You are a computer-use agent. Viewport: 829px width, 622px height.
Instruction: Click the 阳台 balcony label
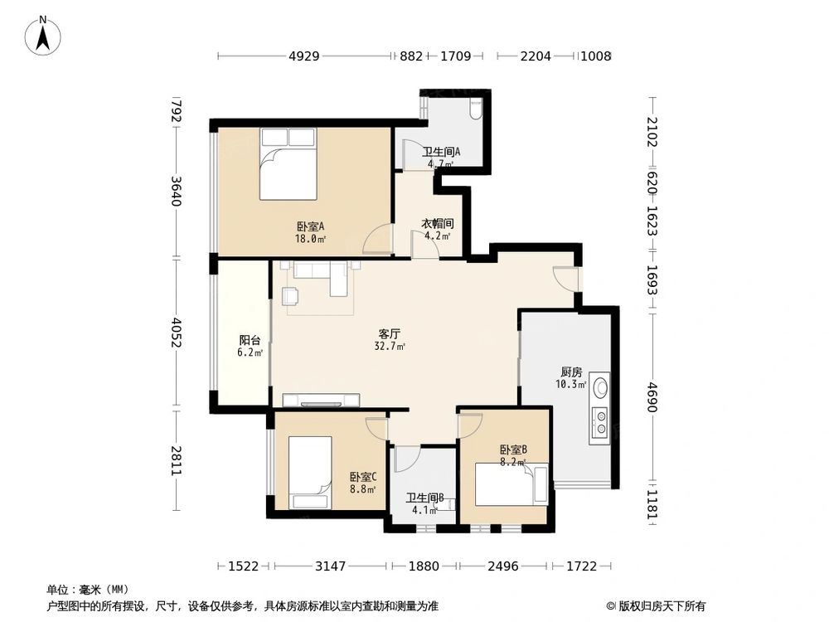250,340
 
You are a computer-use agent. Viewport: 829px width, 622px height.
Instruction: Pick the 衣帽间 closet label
438,223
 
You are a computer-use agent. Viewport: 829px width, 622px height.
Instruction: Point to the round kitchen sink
599,386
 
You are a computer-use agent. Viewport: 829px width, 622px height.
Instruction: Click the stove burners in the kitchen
599,422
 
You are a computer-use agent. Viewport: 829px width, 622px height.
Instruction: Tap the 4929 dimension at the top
303,56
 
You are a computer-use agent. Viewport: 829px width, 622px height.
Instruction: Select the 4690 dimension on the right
652,396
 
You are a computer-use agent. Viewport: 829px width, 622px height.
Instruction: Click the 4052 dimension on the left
176,334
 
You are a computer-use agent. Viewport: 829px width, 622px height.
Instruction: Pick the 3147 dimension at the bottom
331,566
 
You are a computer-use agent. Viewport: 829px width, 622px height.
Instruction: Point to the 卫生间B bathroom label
424,498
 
